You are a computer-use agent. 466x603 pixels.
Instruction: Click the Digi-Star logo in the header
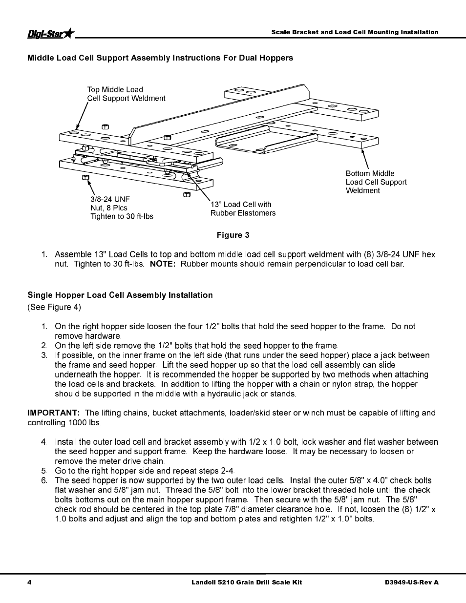tap(51, 33)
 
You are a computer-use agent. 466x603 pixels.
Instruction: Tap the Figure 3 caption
tap(233, 235)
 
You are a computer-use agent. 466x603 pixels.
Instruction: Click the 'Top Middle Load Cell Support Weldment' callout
tap(126, 94)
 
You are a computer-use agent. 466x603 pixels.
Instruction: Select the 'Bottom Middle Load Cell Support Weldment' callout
tap(376, 182)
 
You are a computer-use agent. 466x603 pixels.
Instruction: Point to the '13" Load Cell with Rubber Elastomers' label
tap(243, 208)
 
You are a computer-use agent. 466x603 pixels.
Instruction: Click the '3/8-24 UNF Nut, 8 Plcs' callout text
tap(121, 208)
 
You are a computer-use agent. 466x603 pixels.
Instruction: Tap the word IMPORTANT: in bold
tap(53, 413)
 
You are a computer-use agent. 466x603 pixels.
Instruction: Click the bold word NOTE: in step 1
tap(162, 264)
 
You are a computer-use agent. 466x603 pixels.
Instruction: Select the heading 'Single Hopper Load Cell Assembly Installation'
tap(120, 295)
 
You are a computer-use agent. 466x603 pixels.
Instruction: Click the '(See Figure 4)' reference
tap(54, 307)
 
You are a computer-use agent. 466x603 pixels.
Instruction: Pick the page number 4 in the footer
tap(29, 582)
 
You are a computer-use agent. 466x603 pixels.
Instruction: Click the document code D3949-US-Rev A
tap(412, 582)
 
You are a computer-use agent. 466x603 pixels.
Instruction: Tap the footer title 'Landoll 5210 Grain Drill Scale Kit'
tap(246, 582)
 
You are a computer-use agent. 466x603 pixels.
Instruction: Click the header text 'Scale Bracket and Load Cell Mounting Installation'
tap(355, 32)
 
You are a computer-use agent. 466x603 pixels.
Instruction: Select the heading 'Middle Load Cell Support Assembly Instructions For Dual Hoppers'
tap(160, 58)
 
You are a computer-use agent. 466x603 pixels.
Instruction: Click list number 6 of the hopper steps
tap(44, 480)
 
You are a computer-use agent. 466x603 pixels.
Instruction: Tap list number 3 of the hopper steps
tap(44, 355)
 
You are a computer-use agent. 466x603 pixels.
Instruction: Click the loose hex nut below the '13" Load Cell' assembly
tap(186, 194)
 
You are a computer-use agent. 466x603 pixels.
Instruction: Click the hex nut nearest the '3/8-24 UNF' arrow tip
tap(85, 178)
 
